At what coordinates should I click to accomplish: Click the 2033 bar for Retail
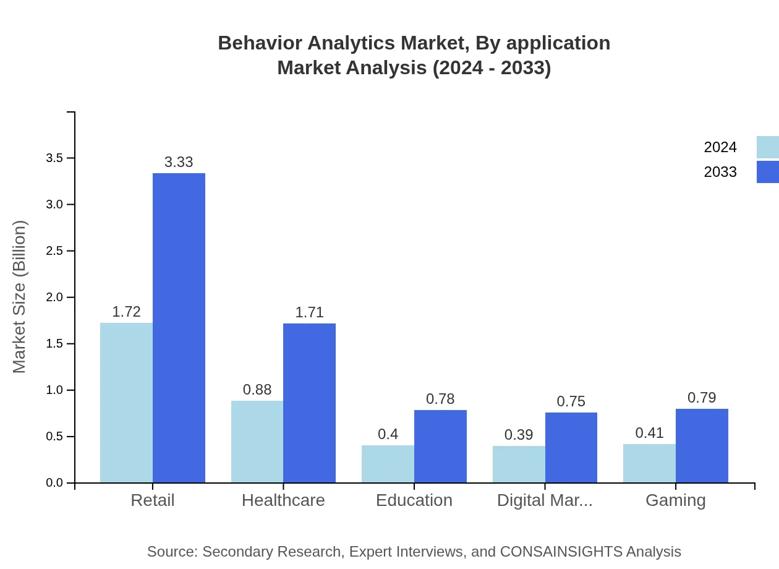click(x=179, y=328)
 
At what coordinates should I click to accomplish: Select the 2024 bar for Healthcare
click(x=257, y=442)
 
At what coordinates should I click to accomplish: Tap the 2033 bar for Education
click(x=440, y=446)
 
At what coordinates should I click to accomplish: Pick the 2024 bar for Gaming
click(x=649, y=463)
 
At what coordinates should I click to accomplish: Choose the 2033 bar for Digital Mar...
click(x=571, y=447)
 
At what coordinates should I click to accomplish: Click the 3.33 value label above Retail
click(x=179, y=162)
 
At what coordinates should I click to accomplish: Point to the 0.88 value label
click(x=257, y=390)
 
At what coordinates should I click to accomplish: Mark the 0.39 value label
click(x=519, y=435)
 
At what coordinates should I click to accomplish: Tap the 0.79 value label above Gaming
click(x=702, y=398)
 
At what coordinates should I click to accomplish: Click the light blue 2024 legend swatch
click(x=767, y=147)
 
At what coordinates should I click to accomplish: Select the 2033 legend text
click(x=720, y=172)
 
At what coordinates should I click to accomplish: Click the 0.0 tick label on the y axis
click(x=55, y=483)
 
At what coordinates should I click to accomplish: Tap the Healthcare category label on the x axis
click(x=283, y=500)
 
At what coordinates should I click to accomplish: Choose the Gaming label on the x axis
click(x=676, y=500)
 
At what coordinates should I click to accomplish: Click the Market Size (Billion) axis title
click(x=20, y=297)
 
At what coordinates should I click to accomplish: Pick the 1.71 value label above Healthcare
click(x=309, y=312)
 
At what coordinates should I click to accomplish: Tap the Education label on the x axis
click(x=414, y=500)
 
